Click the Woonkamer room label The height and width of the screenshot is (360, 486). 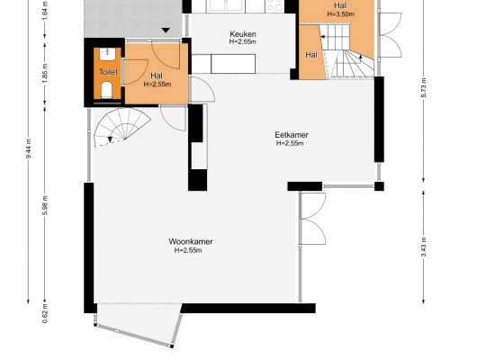pos(191,241)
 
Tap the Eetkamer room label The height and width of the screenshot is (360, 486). pos(292,135)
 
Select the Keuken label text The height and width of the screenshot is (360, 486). pos(243,34)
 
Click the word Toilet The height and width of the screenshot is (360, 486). pos(108,72)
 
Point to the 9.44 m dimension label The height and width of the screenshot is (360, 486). pos(29,148)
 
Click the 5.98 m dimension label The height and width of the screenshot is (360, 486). pos(45,205)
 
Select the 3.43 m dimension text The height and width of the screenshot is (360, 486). pos(424,247)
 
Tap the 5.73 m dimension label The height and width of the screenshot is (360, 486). pos(424,88)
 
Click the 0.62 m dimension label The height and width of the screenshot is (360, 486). pos(45,313)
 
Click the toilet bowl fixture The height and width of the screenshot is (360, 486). pos(106,89)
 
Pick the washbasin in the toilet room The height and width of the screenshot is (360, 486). pos(107,54)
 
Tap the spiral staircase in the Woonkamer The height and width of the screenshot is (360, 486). pos(121,127)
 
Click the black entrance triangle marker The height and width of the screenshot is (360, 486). pos(166,30)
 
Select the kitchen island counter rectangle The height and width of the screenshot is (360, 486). pos(233,64)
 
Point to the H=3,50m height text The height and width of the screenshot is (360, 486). pos(340,14)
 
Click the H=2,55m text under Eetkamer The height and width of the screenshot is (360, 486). pos(290,143)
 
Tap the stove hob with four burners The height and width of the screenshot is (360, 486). pos(274,6)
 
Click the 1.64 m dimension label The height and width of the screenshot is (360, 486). pos(45,11)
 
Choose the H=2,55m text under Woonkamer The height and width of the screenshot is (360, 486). pos(188,250)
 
